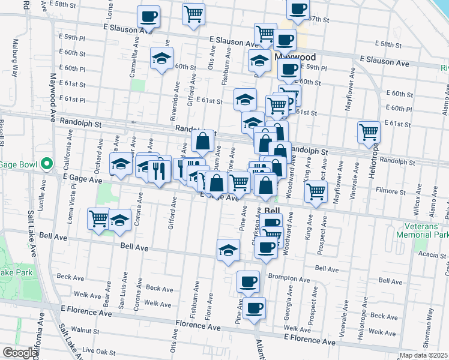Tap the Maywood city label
point(295,57)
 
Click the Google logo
point(20,353)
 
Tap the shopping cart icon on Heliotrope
point(369,132)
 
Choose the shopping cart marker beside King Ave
point(315,192)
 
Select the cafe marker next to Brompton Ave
point(248,281)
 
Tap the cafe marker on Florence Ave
point(254,308)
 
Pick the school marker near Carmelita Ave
point(161,58)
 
